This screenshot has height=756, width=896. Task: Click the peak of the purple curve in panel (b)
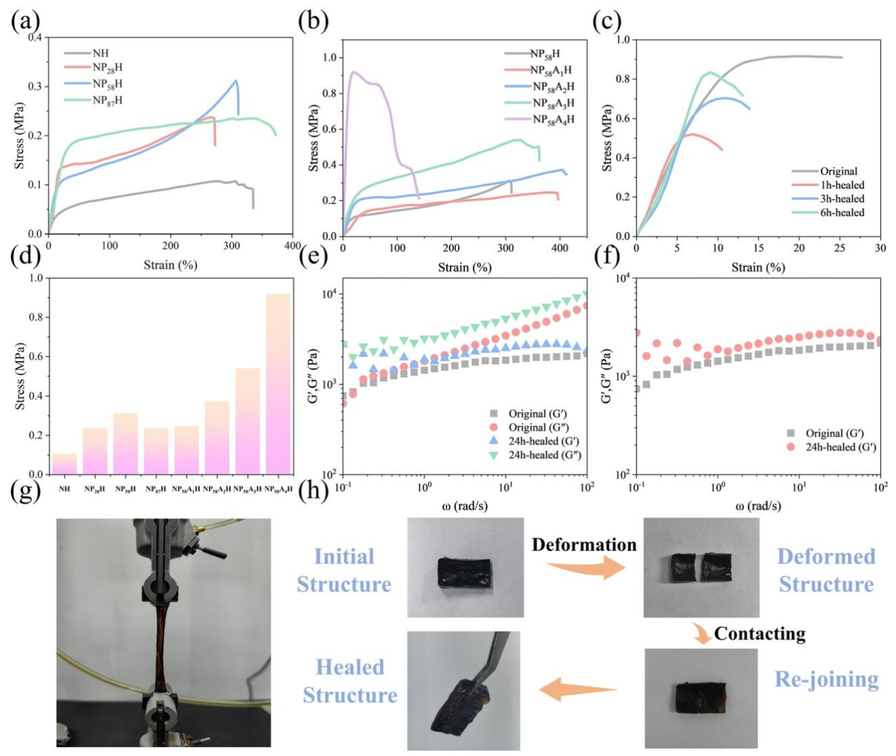pos(353,72)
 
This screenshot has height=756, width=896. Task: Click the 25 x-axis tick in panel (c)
pos(840,248)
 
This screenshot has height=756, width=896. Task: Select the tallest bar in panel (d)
pos(278,383)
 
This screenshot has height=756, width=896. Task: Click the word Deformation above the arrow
pos(584,545)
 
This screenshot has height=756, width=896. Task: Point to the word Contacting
pos(760,634)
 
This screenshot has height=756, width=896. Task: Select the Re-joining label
pos(826,679)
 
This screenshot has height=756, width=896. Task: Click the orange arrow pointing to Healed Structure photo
pos(578,690)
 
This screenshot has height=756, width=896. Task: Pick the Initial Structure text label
pos(344,570)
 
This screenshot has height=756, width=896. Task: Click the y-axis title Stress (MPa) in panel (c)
pos(608,138)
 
